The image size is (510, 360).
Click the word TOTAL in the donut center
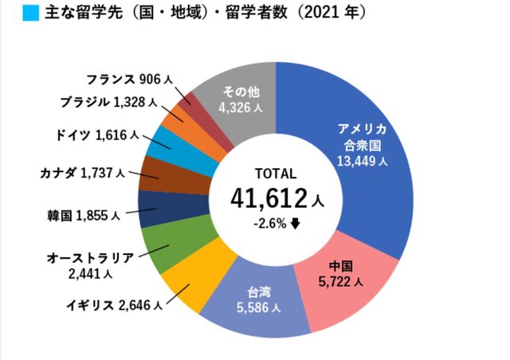click(275, 173)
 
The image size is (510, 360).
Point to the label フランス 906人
click(127, 80)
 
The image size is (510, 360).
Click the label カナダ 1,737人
click(81, 171)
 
